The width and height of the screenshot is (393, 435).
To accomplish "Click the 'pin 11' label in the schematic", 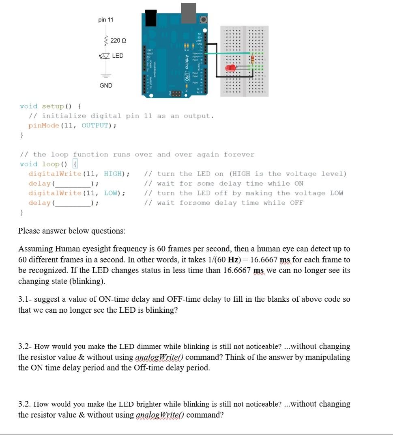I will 106,19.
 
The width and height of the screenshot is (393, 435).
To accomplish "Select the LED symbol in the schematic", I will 106,56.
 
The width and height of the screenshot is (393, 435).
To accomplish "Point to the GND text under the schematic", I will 106,86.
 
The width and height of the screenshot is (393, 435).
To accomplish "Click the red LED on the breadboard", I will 232,68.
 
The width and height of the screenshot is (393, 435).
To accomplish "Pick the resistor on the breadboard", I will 253,59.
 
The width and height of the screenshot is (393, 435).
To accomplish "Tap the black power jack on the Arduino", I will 151,17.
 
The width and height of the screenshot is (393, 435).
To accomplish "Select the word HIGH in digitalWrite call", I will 112,174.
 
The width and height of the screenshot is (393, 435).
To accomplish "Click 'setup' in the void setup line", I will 53,106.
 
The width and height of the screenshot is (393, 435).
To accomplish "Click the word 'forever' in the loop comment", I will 239,154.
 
